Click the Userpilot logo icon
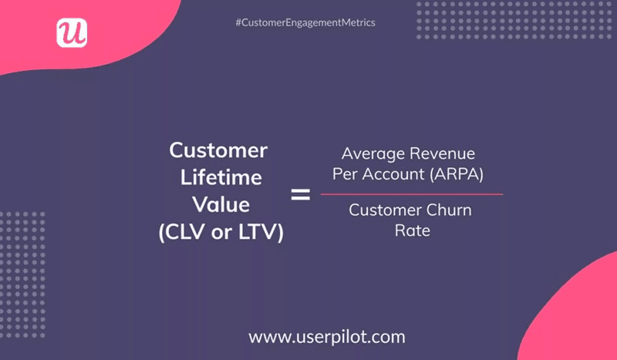coord(72,32)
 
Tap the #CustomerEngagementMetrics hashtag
coord(305,23)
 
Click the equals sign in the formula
coord(300,195)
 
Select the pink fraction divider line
coord(412,193)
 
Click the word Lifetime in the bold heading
coord(221,178)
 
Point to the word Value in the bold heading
coord(221,205)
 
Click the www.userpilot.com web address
coord(326,337)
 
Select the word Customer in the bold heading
coord(218,150)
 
